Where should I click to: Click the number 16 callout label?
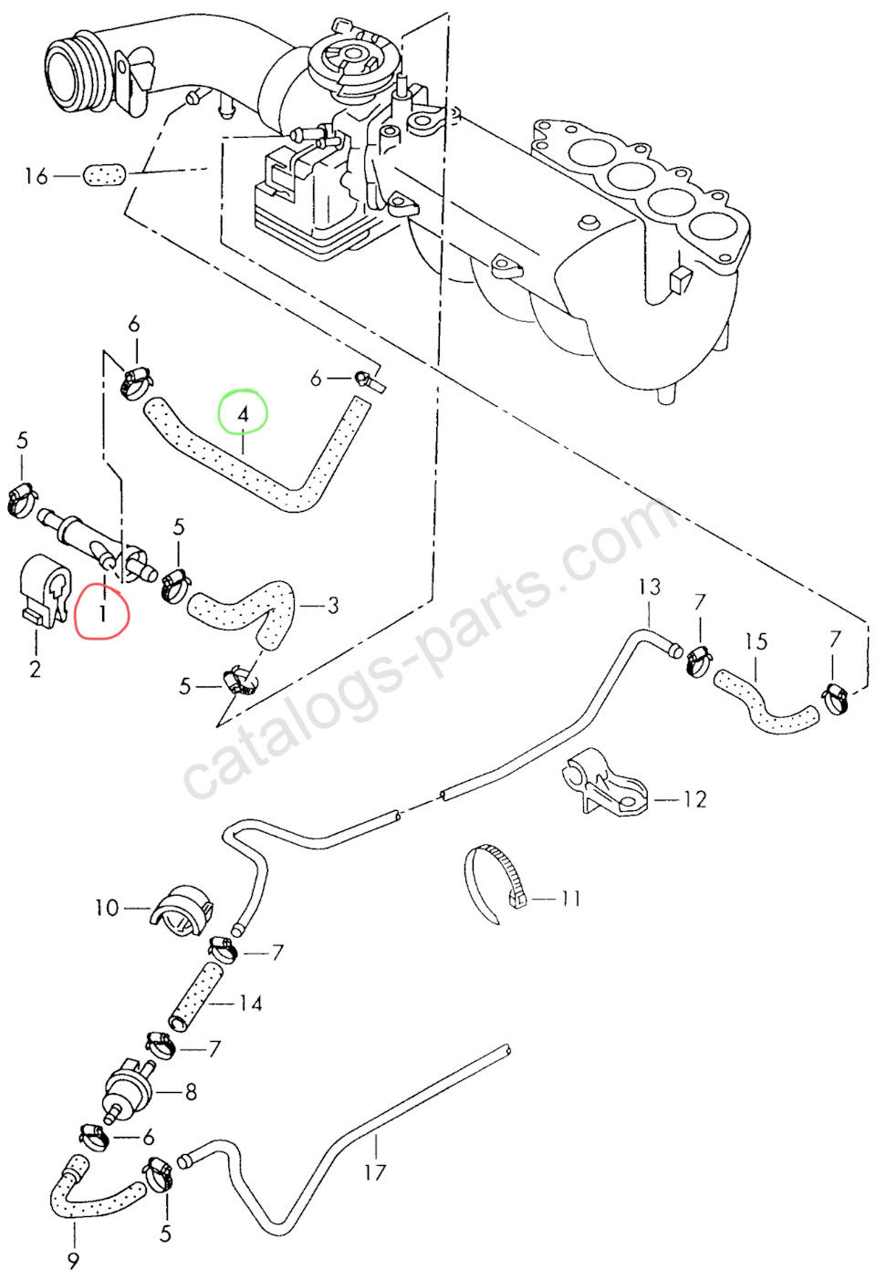pyautogui.click(x=36, y=175)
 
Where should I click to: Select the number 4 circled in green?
pyautogui.click(x=243, y=413)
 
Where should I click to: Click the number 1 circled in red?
pyautogui.click(x=102, y=612)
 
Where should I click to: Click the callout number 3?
pyautogui.click(x=333, y=605)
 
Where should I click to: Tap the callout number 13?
pyautogui.click(x=649, y=587)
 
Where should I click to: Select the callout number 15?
pyautogui.click(x=756, y=641)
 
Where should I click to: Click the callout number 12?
pyautogui.click(x=694, y=799)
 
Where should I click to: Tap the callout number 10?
pyautogui.click(x=107, y=907)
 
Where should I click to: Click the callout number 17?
pyautogui.click(x=375, y=1172)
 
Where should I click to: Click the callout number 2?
pyautogui.click(x=35, y=669)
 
